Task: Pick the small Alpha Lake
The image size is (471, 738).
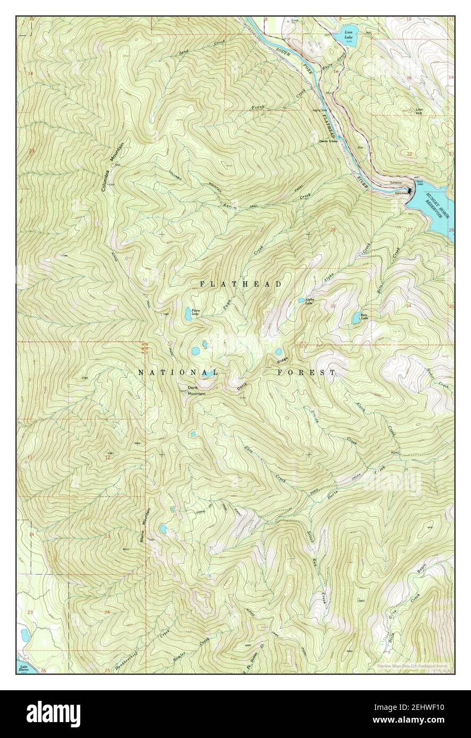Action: point(301,300)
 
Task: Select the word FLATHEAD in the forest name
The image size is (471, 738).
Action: point(241,285)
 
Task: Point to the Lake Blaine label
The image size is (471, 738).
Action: point(23,668)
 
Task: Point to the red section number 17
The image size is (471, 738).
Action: point(262,71)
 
